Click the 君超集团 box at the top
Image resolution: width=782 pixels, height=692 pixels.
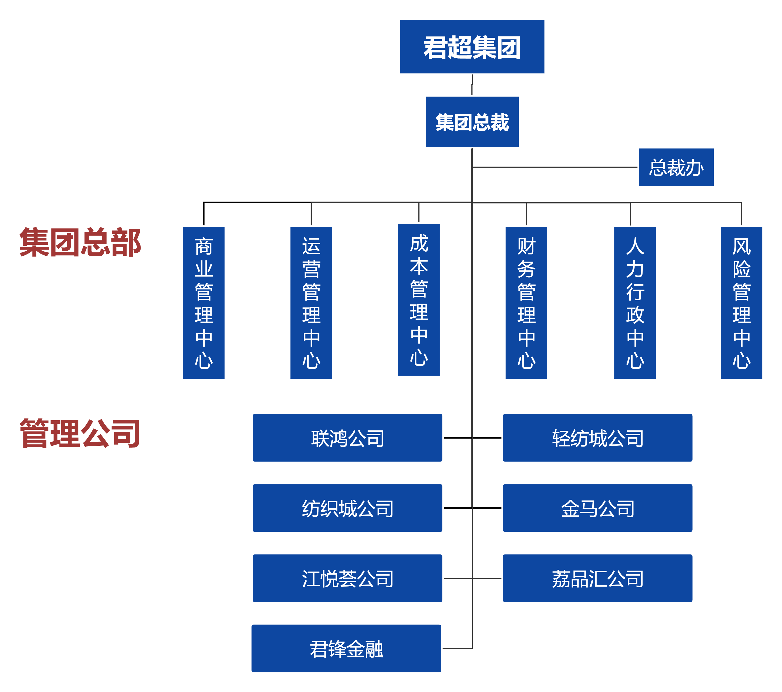pos(472,47)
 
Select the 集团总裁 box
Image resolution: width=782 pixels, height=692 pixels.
pos(472,122)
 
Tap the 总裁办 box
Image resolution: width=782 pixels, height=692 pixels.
pos(676,167)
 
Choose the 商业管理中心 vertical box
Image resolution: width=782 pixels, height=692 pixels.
pos(204,302)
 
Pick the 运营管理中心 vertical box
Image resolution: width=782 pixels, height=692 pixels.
pos(311,302)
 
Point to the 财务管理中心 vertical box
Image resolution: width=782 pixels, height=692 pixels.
pos(526,302)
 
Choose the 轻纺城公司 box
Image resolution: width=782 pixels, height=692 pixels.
pos(597,438)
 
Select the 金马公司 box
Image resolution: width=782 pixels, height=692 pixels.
pos(597,508)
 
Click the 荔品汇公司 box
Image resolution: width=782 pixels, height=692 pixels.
pos(597,578)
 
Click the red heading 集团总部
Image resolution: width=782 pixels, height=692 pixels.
pos(80,242)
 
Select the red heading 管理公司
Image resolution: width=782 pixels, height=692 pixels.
pos(80,433)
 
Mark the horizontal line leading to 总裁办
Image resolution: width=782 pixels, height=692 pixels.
pos(555,167)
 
